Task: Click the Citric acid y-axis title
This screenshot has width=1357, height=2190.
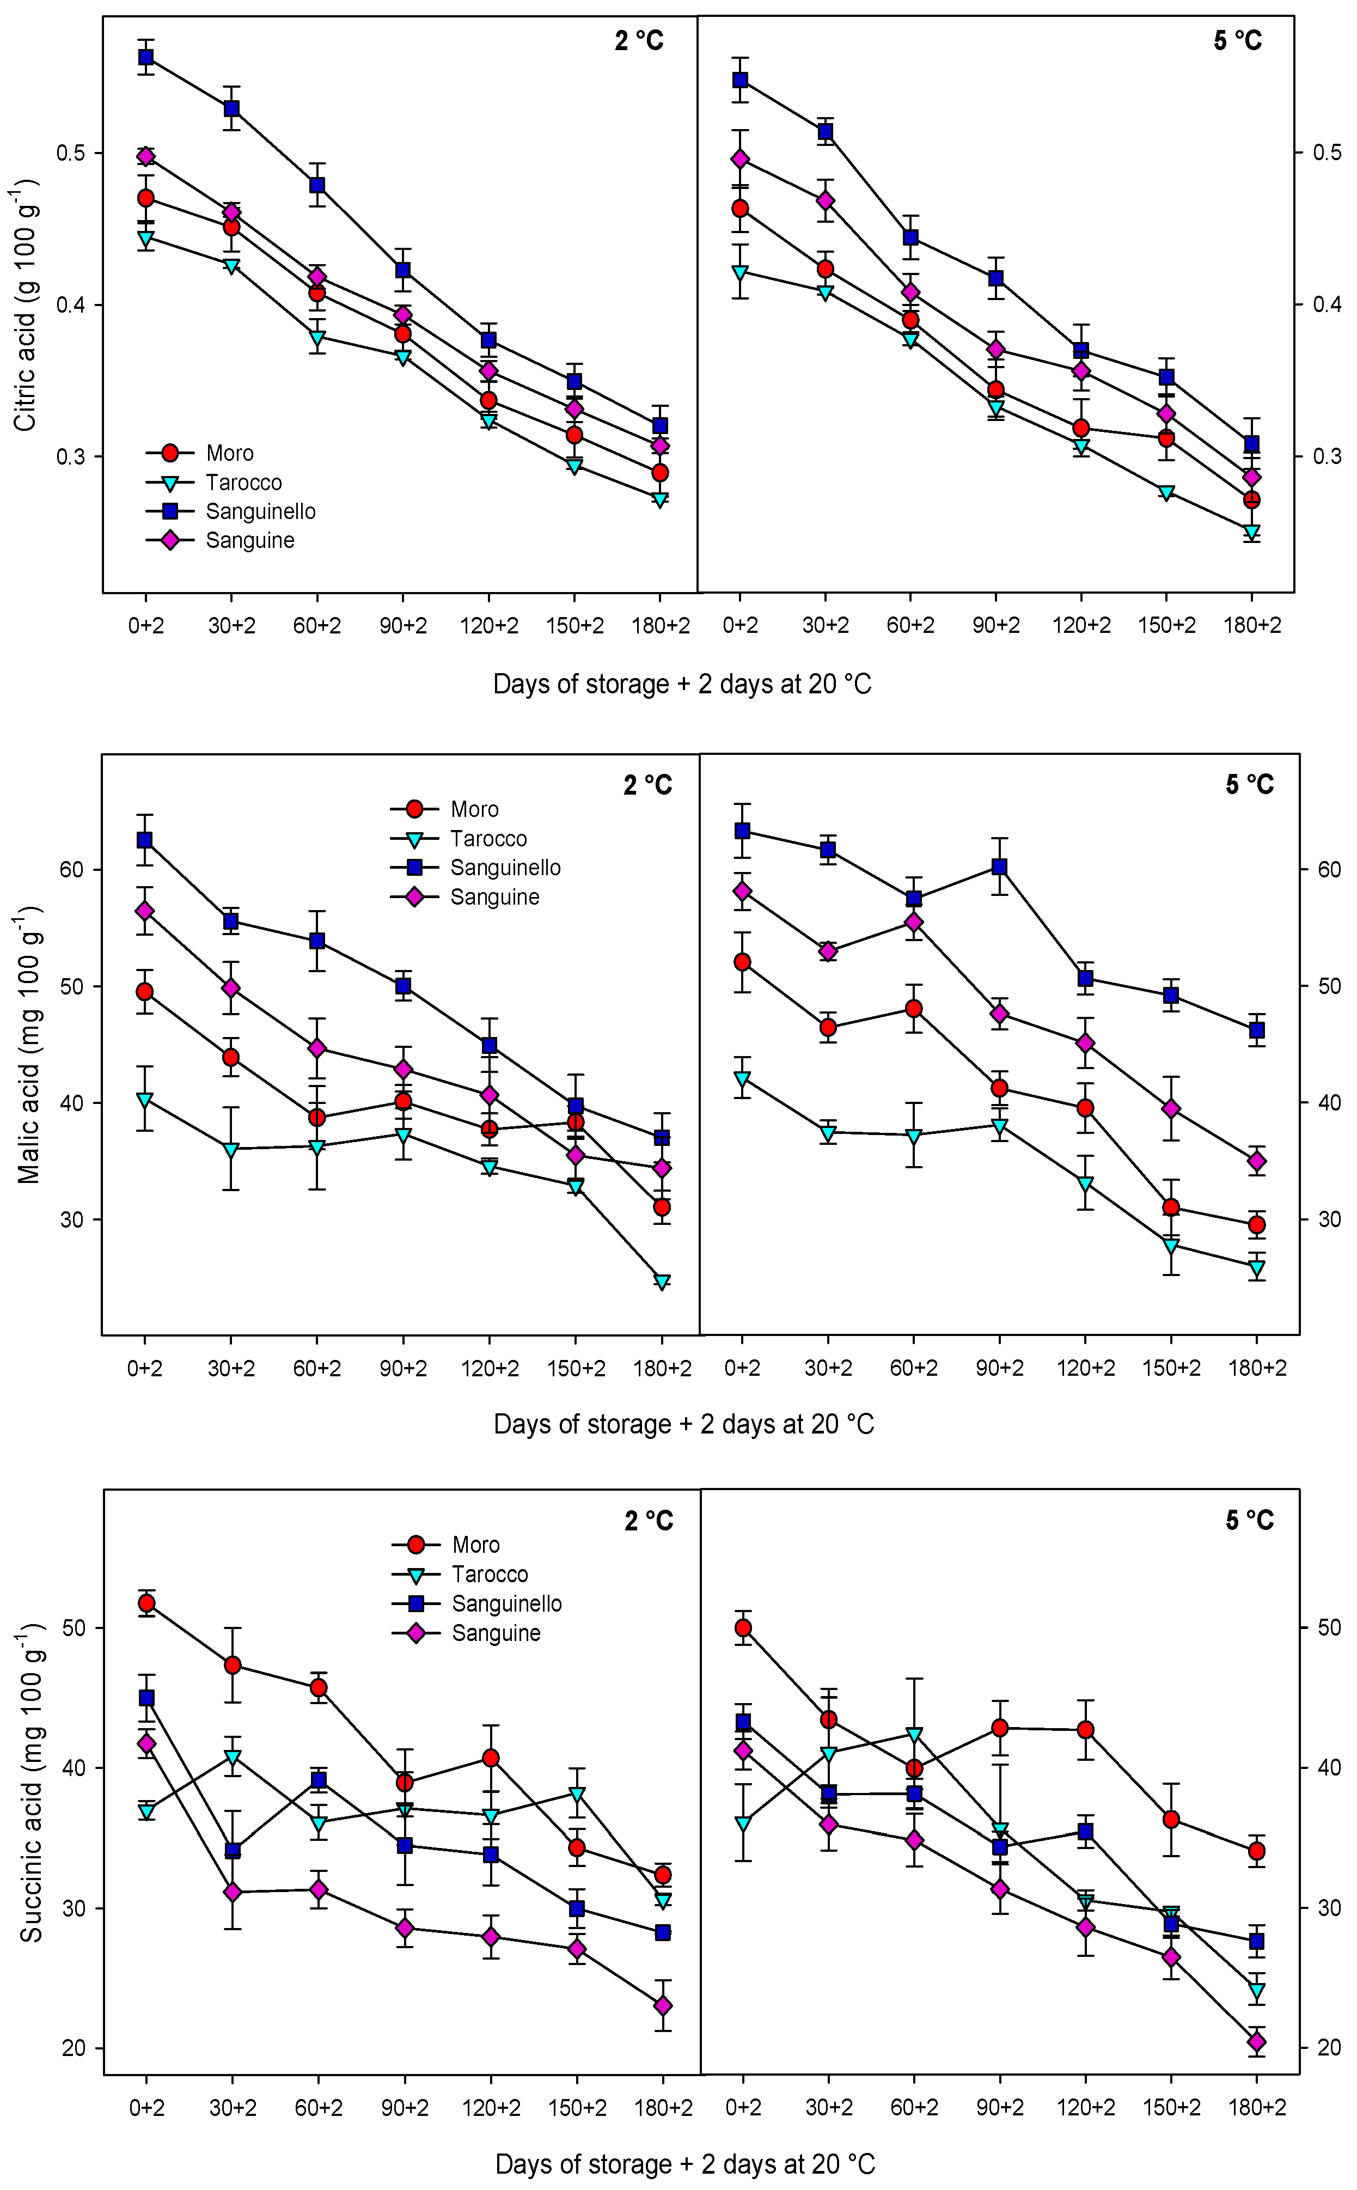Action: click(25, 305)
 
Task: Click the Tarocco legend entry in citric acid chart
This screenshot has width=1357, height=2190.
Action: click(243, 483)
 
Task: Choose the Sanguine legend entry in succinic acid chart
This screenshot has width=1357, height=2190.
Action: click(496, 1633)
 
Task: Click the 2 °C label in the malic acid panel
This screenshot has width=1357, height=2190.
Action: click(648, 785)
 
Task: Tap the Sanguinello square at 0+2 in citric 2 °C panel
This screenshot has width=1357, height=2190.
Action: click(145, 57)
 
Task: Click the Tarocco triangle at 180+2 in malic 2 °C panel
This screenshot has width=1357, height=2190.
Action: click(662, 1281)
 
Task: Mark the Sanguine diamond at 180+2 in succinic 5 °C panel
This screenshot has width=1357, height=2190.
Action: click(1256, 2043)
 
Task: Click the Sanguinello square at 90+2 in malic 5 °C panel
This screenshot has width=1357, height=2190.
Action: click(999, 866)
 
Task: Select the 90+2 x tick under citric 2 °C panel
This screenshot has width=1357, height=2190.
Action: click(403, 626)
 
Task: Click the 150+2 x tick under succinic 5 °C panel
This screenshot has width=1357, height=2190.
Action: click(1171, 2107)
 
